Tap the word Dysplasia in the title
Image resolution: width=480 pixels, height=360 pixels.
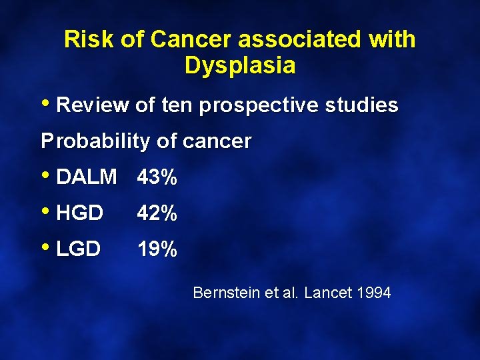point(240,66)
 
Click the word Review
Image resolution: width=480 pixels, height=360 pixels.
point(93,105)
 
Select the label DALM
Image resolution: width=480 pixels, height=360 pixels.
point(87,177)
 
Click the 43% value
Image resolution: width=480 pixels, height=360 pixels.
point(157,177)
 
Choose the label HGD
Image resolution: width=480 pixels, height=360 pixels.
point(80,213)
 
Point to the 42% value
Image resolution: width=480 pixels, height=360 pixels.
point(157,213)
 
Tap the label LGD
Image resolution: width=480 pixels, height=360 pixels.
point(79,249)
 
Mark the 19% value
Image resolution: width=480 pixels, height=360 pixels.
point(157,249)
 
